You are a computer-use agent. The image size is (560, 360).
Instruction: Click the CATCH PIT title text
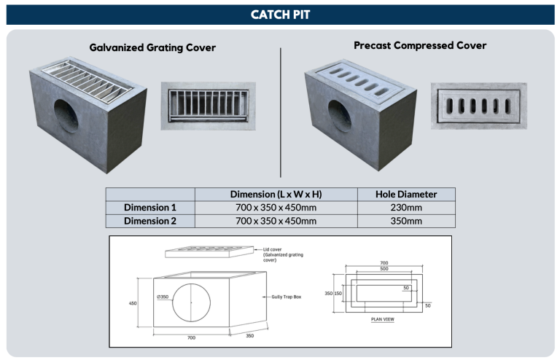coord(280,15)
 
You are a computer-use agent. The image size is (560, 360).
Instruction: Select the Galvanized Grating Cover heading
coord(152,47)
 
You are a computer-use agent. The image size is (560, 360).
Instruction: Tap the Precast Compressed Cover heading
coord(420,45)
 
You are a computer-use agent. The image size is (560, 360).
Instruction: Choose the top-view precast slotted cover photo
coord(477,105)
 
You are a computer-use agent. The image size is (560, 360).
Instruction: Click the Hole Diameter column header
coord(406,195)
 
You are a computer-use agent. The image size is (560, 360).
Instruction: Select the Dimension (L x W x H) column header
coord(276,195)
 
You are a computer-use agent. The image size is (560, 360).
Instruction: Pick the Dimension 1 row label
coord(150,208)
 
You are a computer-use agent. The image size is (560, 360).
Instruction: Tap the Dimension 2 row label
coord(150,221)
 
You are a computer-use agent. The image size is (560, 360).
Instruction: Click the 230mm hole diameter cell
coord(406,208)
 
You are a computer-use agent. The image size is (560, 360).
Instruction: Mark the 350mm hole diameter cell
coord(406,221)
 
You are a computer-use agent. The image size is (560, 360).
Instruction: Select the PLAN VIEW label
coord(383,319)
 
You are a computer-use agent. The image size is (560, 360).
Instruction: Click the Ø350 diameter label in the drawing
coord(164,297)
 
